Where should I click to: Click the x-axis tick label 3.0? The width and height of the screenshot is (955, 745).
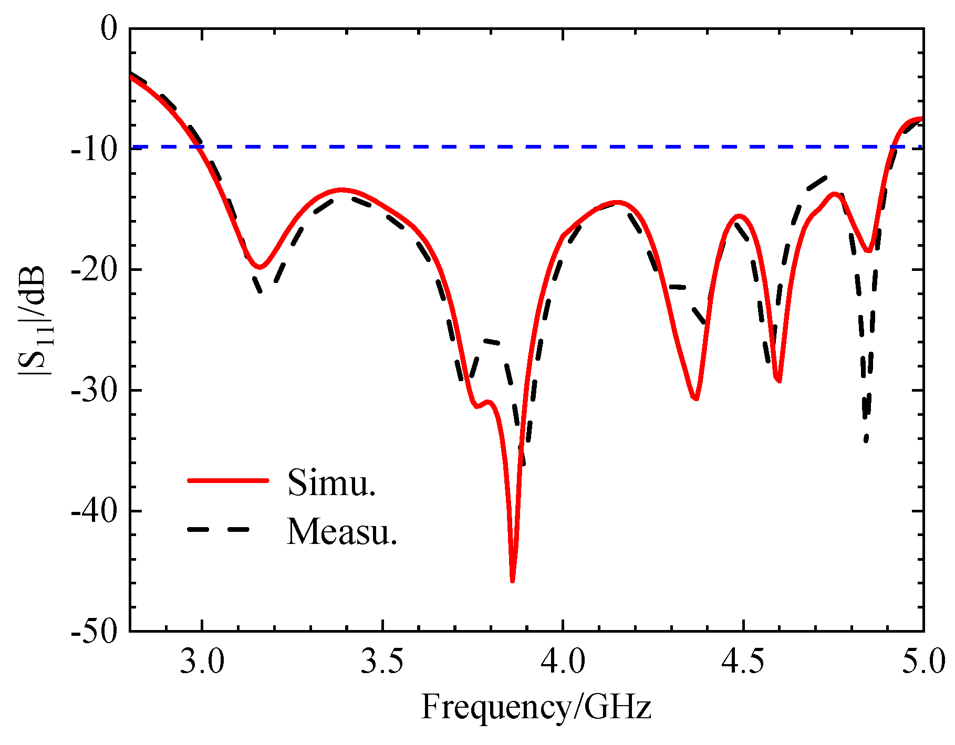(x=202, y=663)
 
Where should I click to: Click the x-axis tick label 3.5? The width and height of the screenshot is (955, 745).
(x=382, y=663)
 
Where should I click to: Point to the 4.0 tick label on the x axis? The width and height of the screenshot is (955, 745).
(x=563, y=663)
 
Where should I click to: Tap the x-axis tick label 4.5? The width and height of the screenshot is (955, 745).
(x=743, y=663)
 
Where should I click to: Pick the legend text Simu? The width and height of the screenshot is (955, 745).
(x=331, y=482)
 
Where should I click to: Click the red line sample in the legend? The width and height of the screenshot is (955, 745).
(x=228, y=480)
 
